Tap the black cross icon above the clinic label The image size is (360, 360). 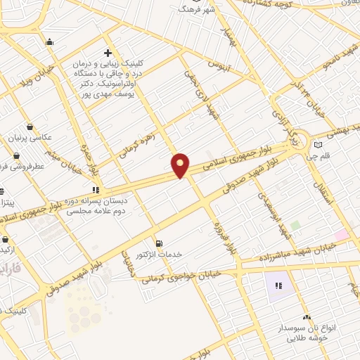pos(107,53)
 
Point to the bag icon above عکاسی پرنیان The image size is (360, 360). pos(30,127)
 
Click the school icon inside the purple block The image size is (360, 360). pos(279,285)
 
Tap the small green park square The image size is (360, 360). pos(296,226)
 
